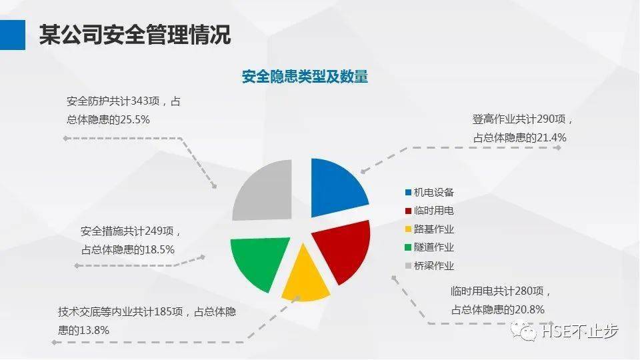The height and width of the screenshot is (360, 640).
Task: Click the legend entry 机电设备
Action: coord(433,192)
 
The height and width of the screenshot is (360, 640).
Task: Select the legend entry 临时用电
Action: coord(433,211)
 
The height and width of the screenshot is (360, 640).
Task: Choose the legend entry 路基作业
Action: coord(433,229)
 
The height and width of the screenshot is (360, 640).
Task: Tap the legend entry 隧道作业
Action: coord(433,247)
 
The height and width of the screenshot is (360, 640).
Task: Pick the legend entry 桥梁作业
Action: coord(433,266)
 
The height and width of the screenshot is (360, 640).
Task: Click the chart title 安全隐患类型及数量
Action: coord(305,77)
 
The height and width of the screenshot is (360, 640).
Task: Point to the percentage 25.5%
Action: coord(135,120)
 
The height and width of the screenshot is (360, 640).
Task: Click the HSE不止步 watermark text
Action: coord(580,331)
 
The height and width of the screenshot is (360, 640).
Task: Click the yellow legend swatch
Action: coord(408,229)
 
